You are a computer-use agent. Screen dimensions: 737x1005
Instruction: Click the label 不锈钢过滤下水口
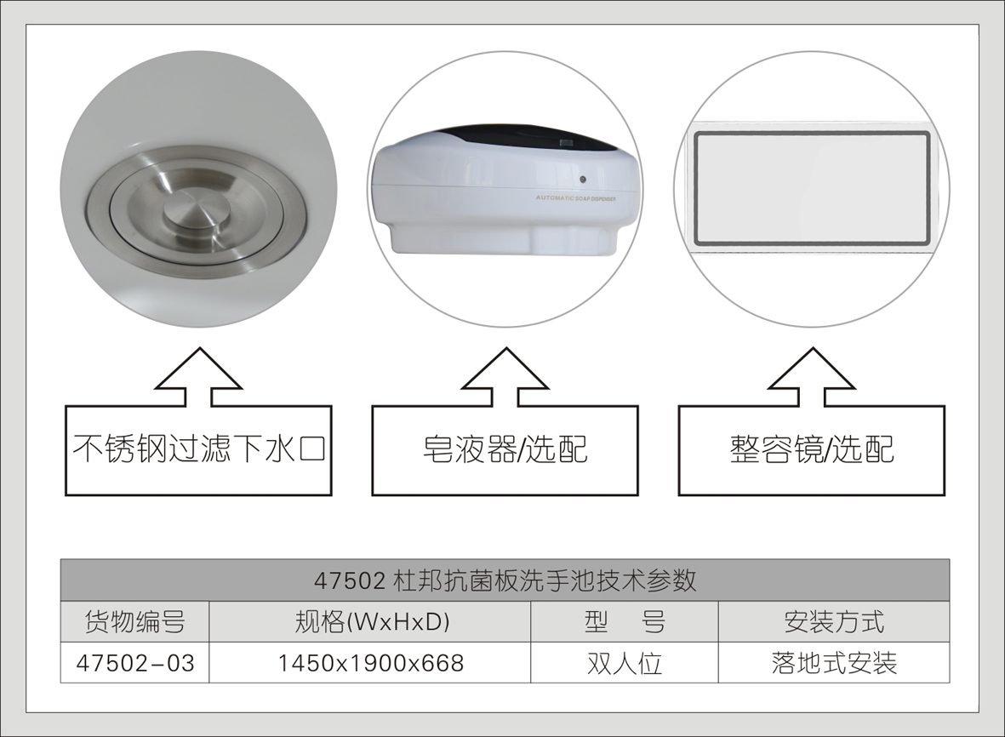(199, 448)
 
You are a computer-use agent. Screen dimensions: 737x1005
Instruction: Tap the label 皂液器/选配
(505, 448)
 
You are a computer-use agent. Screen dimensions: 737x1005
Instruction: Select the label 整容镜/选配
(811, 448)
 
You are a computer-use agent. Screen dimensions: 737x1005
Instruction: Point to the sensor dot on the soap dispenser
(581, 180)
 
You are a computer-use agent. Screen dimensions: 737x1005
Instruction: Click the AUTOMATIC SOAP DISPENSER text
(575, 197)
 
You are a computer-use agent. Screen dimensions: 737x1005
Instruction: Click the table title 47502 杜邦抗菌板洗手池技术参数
(505, 580)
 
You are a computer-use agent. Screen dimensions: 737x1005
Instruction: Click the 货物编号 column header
(135, 621)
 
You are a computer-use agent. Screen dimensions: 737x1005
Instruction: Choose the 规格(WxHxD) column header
(369, 621)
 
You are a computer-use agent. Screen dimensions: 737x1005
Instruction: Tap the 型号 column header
(625, 621)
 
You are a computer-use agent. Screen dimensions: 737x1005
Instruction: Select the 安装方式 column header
(833, 621)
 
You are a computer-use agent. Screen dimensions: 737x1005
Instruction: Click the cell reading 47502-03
(135, 662)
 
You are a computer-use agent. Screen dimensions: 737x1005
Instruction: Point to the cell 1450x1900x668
(369, 662)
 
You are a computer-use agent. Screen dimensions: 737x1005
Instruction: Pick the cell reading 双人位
(625, 662)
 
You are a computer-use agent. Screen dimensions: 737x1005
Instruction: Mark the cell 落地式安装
(833, 662)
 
